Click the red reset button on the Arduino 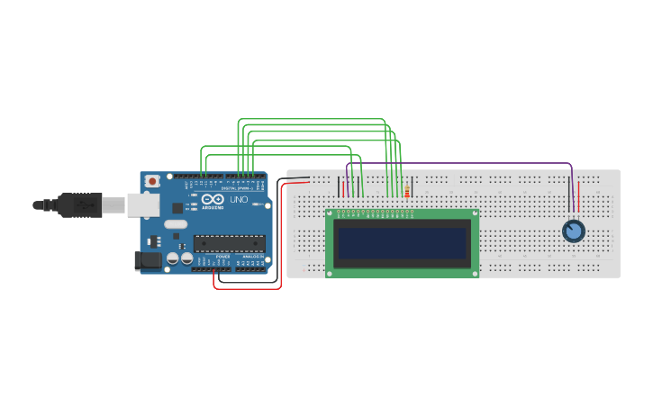coord(152,181)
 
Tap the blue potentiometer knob coord(573,231)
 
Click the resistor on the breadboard coord(406,192)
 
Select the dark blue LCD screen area coord(402,242)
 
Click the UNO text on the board coord(239,200)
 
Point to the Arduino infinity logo coord(212,199)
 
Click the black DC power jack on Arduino coord(148,260)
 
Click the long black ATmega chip coord(230,243)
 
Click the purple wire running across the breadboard coord(459,164)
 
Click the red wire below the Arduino coord(247,289)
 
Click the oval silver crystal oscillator coord(176,224)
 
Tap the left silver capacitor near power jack coord(172,258)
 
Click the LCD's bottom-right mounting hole coord(474,271)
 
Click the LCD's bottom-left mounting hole coord(331,271)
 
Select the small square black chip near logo coord(177,208)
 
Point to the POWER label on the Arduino coord(222,257)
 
